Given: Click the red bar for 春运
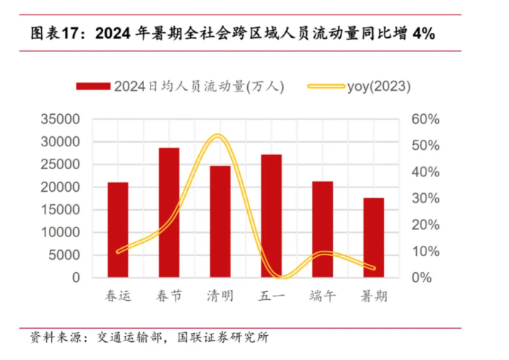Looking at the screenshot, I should (x=118, y=230).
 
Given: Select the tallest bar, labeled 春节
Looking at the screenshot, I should (x=169, y=212).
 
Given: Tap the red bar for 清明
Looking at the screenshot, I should (x=220, y=221).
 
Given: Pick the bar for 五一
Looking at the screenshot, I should (x=271, y=216).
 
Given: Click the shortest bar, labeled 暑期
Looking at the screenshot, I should (x=373, y=238).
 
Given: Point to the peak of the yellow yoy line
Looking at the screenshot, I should (x=217, y=136).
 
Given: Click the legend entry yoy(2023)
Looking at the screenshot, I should (x=379, y=86).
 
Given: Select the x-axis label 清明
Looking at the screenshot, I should (x=220, y=296).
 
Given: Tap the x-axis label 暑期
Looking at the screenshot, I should (x=373, y=296).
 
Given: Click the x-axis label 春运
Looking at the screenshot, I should (x=118, y=296).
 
